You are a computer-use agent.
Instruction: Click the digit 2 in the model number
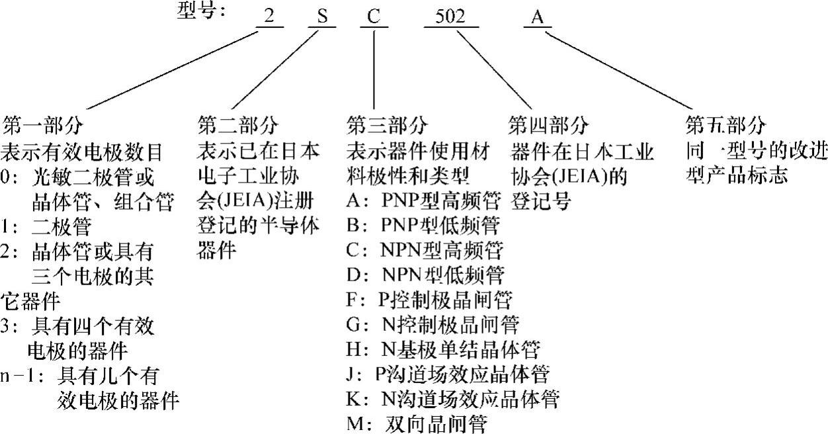[x=269, y=17]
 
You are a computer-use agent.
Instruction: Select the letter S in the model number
[x=322, y=17]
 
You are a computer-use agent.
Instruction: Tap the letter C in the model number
[x=374, y=17]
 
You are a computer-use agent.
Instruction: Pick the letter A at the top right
[x=538, y=17]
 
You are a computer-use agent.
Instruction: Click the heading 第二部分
[x=238, y=124]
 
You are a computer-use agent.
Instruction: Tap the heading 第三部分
[x=387, y=124]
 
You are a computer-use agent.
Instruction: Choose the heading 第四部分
[x=549, y=124]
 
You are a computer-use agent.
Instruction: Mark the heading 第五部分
[x=726, y=124]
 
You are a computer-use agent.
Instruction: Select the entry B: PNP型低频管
[x=423, y=226]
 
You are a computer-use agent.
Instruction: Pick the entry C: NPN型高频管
[x=425, y=250]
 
